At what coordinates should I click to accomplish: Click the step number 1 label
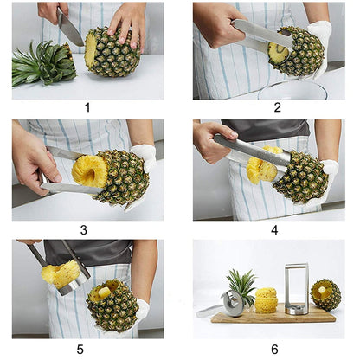(87, 108)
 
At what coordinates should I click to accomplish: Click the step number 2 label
(277, 108)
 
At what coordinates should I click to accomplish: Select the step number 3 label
(83, 230)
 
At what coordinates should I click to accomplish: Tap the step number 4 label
(273, 230)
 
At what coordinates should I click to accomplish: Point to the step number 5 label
(80, 350)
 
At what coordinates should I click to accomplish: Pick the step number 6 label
(274, 350)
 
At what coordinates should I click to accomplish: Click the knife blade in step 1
(71, 31)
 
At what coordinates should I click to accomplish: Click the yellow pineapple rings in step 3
(89, 170)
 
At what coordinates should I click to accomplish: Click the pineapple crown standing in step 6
(241, 286)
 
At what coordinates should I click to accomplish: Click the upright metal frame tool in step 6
(296, 287)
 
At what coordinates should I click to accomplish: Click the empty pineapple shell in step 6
(325, 295)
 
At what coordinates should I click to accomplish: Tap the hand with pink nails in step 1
(127, 22)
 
